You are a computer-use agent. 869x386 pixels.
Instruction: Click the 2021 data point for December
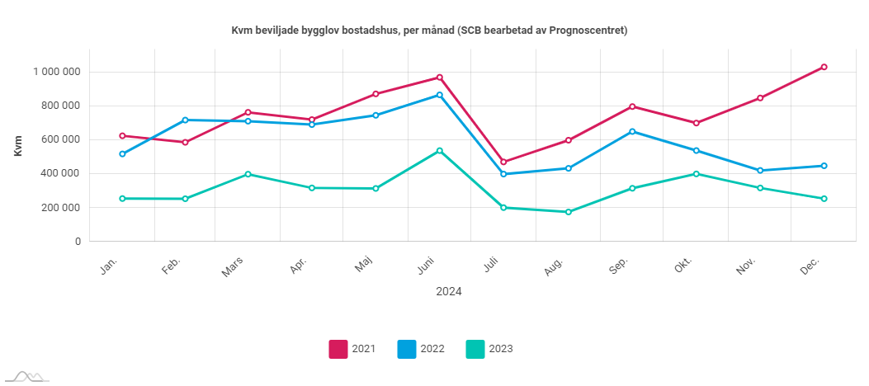(824, 67)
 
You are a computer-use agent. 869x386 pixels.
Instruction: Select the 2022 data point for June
(440, 95)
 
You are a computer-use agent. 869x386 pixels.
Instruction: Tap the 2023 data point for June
(440, 151)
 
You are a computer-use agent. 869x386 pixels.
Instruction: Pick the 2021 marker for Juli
(504, 162)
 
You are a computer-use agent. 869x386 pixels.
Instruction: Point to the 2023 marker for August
(568, 212)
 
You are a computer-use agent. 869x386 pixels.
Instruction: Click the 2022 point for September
(632, 131)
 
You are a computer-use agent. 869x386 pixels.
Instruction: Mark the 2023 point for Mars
(248, 174)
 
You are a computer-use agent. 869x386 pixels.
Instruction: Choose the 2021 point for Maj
(376, 94)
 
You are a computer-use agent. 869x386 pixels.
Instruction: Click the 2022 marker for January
(122, 154)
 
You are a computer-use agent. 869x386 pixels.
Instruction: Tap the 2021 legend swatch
(338, 349)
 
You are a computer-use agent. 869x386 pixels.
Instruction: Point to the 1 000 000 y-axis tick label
(56, 72)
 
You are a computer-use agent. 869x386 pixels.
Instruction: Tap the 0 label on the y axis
(78, 242)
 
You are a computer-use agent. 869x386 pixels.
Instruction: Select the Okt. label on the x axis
(684, 266)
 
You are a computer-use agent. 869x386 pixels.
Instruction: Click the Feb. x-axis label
(172, 266)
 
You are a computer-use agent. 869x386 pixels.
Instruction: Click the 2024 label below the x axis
(449, 291)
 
